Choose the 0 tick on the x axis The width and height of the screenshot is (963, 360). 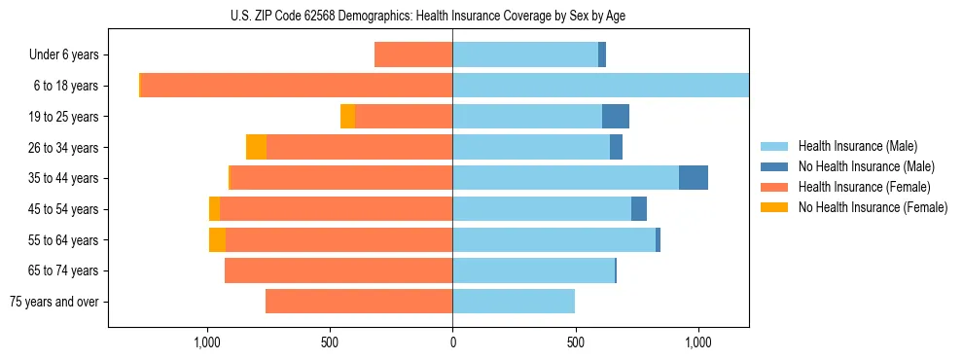452,342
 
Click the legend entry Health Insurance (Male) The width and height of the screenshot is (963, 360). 857,146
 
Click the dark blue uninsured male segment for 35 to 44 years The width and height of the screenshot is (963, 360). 694,178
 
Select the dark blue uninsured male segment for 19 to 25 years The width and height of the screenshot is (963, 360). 616,117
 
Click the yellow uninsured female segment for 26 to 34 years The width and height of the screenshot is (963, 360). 256,147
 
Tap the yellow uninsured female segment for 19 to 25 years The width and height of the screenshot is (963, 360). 347,117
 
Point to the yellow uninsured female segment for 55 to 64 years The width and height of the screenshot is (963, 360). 217,239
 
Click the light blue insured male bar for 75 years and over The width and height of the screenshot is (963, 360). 514,302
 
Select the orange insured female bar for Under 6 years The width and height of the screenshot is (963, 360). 413,55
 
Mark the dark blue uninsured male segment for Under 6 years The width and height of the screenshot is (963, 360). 602,55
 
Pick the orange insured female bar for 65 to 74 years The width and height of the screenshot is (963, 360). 339,270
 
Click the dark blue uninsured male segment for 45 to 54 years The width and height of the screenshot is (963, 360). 639,209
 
